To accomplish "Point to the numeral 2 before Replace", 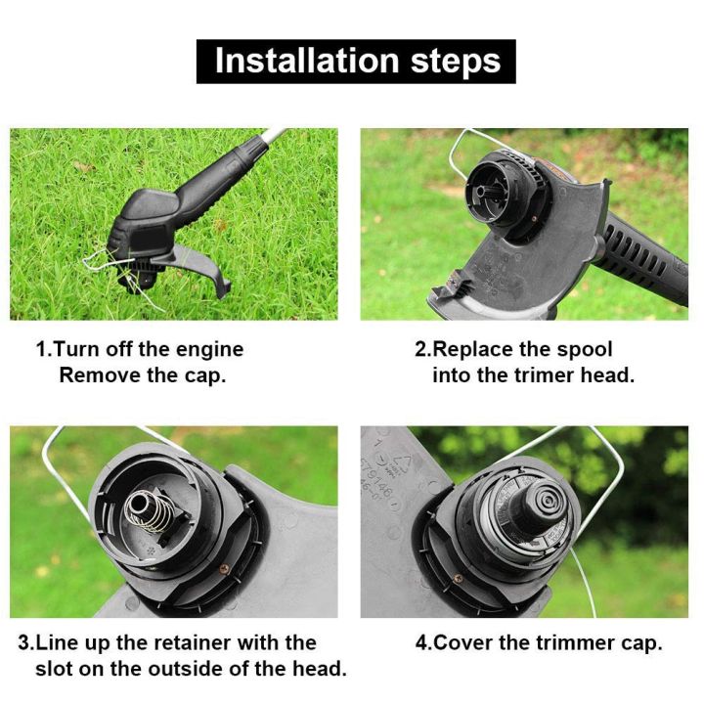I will click(420, 350).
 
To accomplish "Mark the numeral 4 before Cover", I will click(420, 643).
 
